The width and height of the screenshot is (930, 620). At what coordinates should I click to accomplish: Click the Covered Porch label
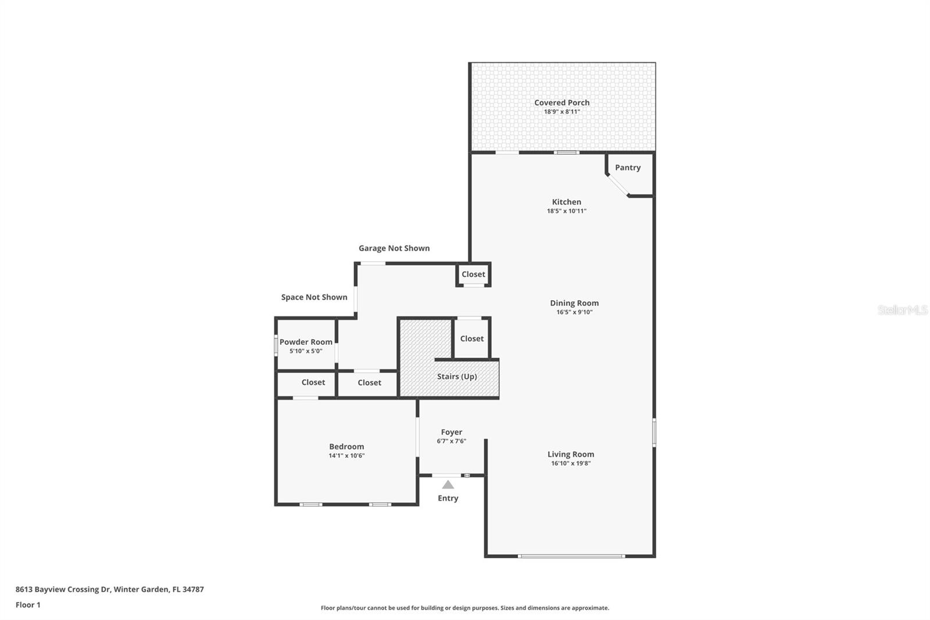coord(561,102)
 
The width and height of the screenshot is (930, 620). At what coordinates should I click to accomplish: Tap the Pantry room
coord(628,168)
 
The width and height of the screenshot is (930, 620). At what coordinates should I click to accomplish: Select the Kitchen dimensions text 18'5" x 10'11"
coord(566,211)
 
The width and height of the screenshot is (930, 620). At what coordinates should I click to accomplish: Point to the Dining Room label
coord(574,303)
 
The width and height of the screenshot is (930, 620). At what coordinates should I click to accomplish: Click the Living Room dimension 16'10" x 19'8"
coord(570,464)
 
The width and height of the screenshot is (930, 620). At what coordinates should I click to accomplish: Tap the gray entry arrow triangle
coord(448,484)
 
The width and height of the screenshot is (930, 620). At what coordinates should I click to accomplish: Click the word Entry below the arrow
coord(448,498)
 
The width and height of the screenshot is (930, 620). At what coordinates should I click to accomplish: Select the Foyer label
coord(451,432)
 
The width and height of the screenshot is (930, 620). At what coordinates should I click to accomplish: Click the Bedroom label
coord(346,447)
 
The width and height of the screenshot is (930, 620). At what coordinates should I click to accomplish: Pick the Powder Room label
coord(306,342)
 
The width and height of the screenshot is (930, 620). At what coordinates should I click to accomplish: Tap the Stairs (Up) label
coord(457,376)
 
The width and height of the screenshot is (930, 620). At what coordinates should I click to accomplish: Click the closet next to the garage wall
coord(473,275)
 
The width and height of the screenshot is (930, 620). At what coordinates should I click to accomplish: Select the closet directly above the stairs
coord(471,338)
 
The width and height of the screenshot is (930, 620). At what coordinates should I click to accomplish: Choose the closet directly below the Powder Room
coord(313,382)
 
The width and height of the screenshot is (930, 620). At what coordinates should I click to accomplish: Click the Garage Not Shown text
coord(394,248)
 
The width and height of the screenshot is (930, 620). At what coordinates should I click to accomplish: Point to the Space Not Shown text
coord(314,297)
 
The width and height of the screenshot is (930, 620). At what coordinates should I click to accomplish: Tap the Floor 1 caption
coord(28,605)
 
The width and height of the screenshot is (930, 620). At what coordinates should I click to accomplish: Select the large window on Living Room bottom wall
coord(571,557)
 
